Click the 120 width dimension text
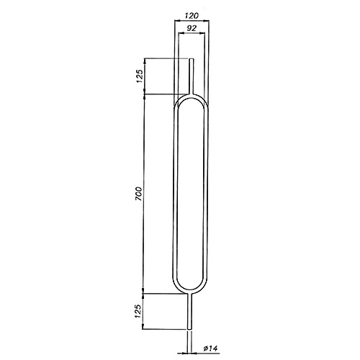(192, 16)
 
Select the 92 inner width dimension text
(192, 28)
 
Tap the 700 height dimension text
(139, 194)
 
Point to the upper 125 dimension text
(140, 76)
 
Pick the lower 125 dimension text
(138, 311)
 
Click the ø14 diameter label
(210, 348)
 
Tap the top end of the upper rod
(192, 58)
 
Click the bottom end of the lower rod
(189, 329)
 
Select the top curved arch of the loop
(191, 94)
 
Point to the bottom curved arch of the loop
(190, 292)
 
